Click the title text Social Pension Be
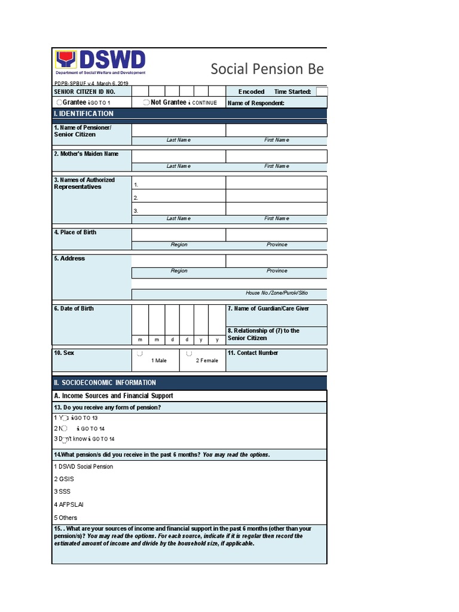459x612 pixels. click(x=267, y=69)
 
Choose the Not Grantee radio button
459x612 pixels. click(x=146, y=103)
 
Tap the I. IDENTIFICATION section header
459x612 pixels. click(x=84, y=114)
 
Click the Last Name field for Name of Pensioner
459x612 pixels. click(x=179, y=130)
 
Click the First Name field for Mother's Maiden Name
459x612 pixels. click(x=276, y=157)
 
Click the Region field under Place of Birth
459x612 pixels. click(x=179, y=234)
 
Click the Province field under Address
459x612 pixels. click(x=276, y=261)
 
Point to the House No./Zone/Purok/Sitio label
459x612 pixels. click(x=276, y=293)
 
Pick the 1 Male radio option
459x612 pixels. click(x=139, y=354)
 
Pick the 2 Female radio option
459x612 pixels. click(x=189, y=354)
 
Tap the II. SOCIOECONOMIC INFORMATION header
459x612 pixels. click(x=105, y=382)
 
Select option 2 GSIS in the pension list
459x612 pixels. click(x=64, y=479)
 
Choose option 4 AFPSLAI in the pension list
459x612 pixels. click(x=68, y=505)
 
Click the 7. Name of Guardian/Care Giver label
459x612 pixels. click(x=268, y=308)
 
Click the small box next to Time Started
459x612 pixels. click(x=322, y=91)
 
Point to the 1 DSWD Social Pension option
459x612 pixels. click(x=83, y=467)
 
